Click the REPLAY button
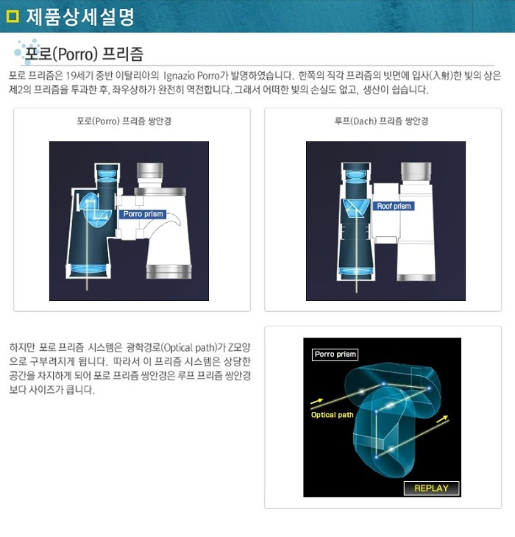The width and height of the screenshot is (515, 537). click(x=431, y=488)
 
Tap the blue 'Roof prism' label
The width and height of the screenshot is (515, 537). click(x=394, y=206)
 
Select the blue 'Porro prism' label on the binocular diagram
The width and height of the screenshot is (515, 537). click(x=143, y=214)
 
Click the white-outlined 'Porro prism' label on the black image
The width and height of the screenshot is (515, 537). click(x=335, y=355)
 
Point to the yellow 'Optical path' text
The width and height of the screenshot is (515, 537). click(x=332, y=415)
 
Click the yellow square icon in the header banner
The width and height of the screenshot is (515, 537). click(x=13, y=16)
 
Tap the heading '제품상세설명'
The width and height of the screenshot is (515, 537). click(x=80, y=17)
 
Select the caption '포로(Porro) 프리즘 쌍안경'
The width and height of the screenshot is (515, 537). click(x=124, y=121)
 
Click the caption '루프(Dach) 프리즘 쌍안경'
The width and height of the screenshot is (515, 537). click(x=381, y=121)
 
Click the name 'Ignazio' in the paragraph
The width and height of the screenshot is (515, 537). click(x=179, y=75)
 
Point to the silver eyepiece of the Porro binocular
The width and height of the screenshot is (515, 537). click(x=150, y=171)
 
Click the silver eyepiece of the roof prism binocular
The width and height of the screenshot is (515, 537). click(x=416, y=171)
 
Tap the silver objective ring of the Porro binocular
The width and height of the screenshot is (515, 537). click(x=168, y=271)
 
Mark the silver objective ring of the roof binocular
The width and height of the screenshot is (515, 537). click(x=416, y=277)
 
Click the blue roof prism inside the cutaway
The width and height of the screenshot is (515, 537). click(x=356, y=209)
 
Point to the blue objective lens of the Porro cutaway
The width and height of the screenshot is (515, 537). click(x=88, y=268)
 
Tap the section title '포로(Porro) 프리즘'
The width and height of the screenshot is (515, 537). click(x=84, y=54)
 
